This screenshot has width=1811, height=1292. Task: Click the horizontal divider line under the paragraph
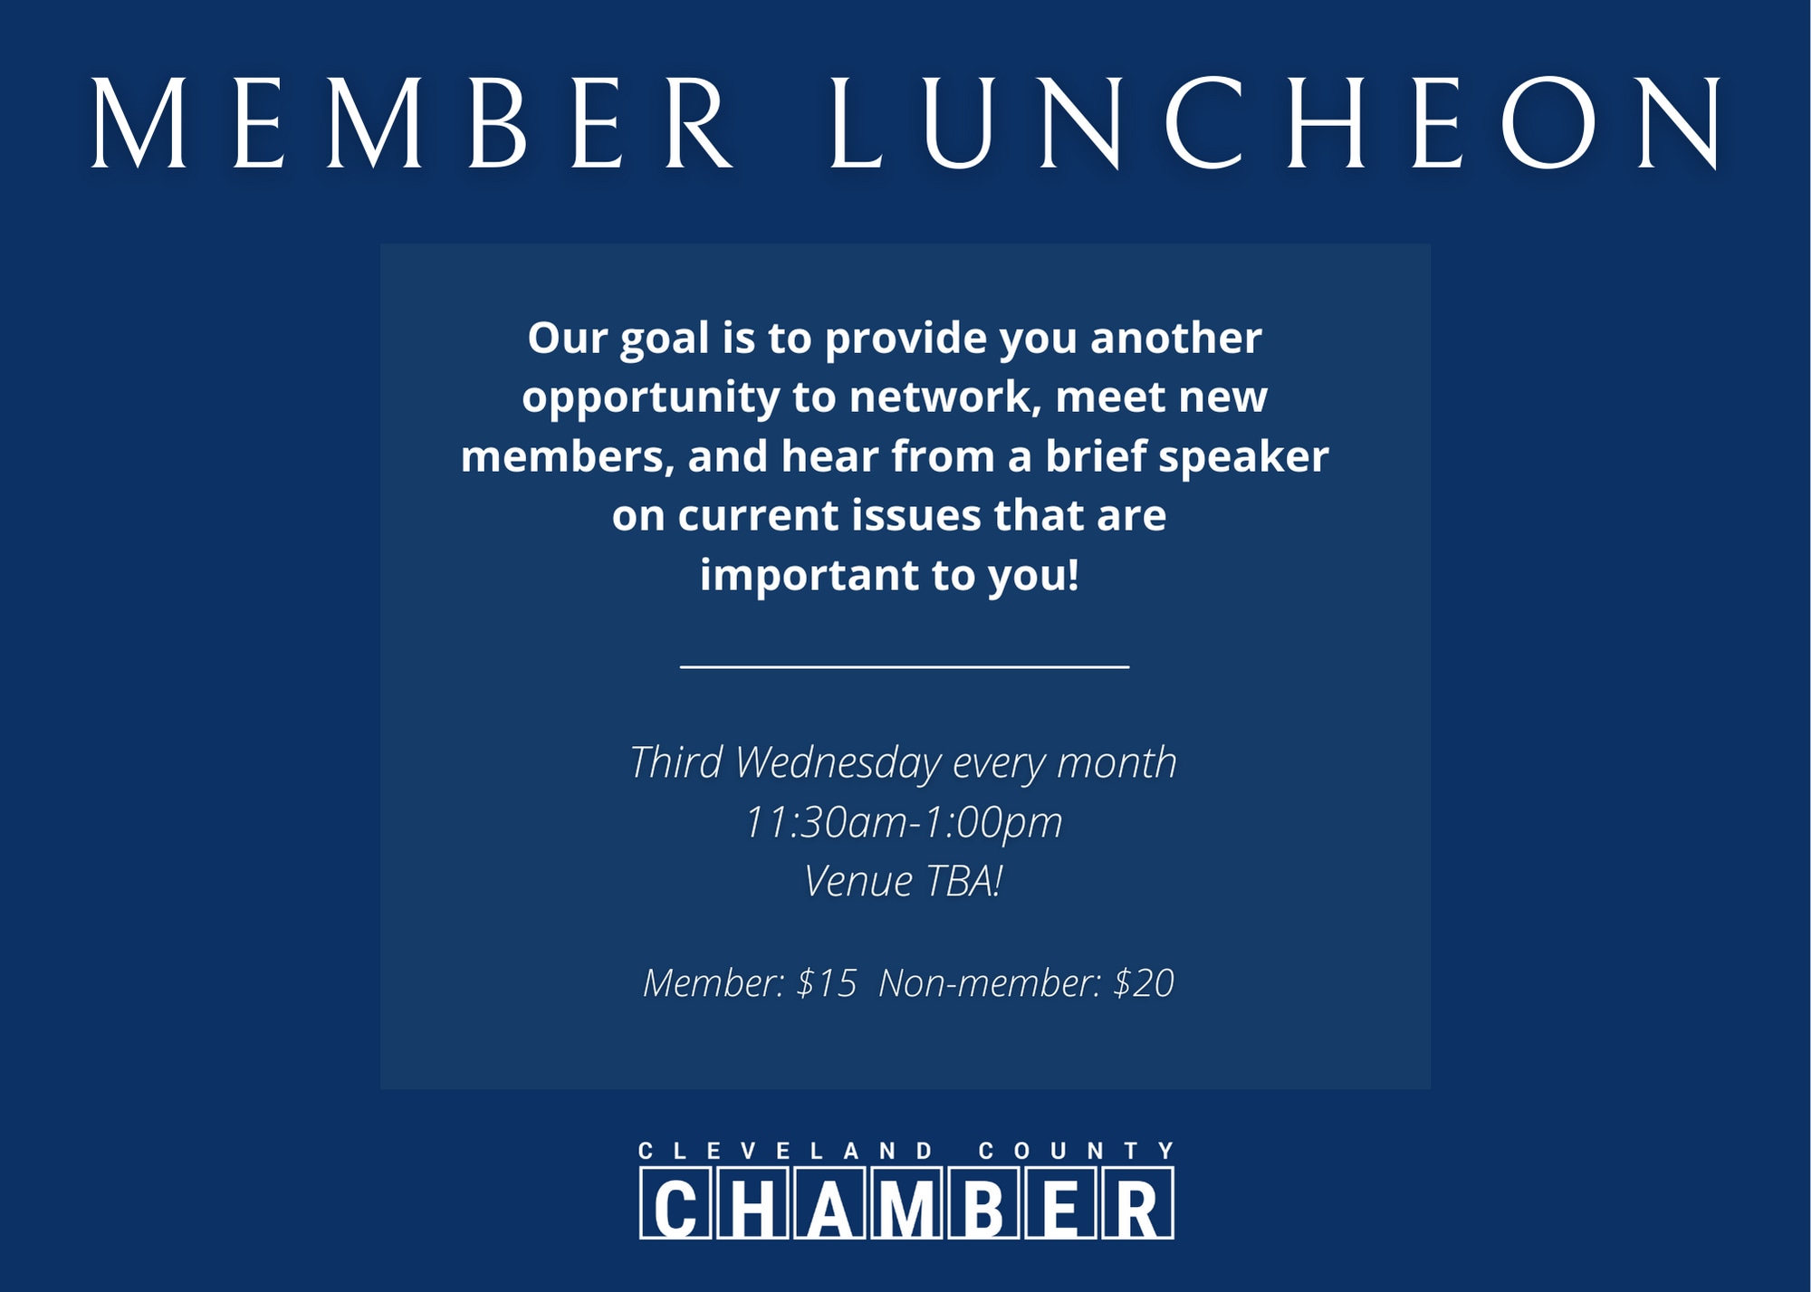pos(905,666)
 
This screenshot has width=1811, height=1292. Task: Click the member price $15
pos(826,983)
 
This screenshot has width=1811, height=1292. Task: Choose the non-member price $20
pos(1144,983)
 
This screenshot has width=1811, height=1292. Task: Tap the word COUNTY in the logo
pos(1077,1151)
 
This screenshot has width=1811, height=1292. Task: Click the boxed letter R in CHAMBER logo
pos(1137,1203)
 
